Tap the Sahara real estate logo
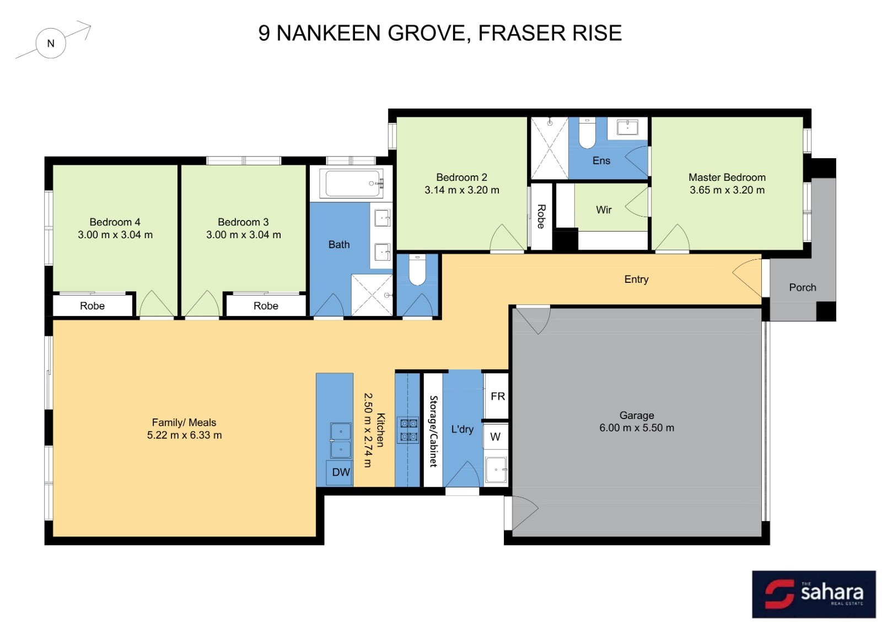click(x=814, y=594)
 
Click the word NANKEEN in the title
click(x=329, y=33)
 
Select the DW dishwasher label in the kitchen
click(x=341, y=472)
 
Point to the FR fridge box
click(x=496, y=396)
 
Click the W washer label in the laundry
click(x=495, y=437)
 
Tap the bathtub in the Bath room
click(x=351, y=184)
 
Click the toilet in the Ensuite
click(x=587, y=133)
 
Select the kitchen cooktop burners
click(x=408, y=430)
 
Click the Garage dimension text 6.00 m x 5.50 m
click(x=637, y=428)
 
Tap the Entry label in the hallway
click(x=636, y=279)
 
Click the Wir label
click(x=604, y=210)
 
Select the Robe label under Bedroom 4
click(x=92, y=306)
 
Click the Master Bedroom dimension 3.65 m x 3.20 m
click(x=727, y=190)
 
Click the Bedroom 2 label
click(x=461, y=177)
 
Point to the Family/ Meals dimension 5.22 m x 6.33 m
click(x=184, y=435)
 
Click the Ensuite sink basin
click(x=627, y=128)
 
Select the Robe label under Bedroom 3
click(x=266, y=306)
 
